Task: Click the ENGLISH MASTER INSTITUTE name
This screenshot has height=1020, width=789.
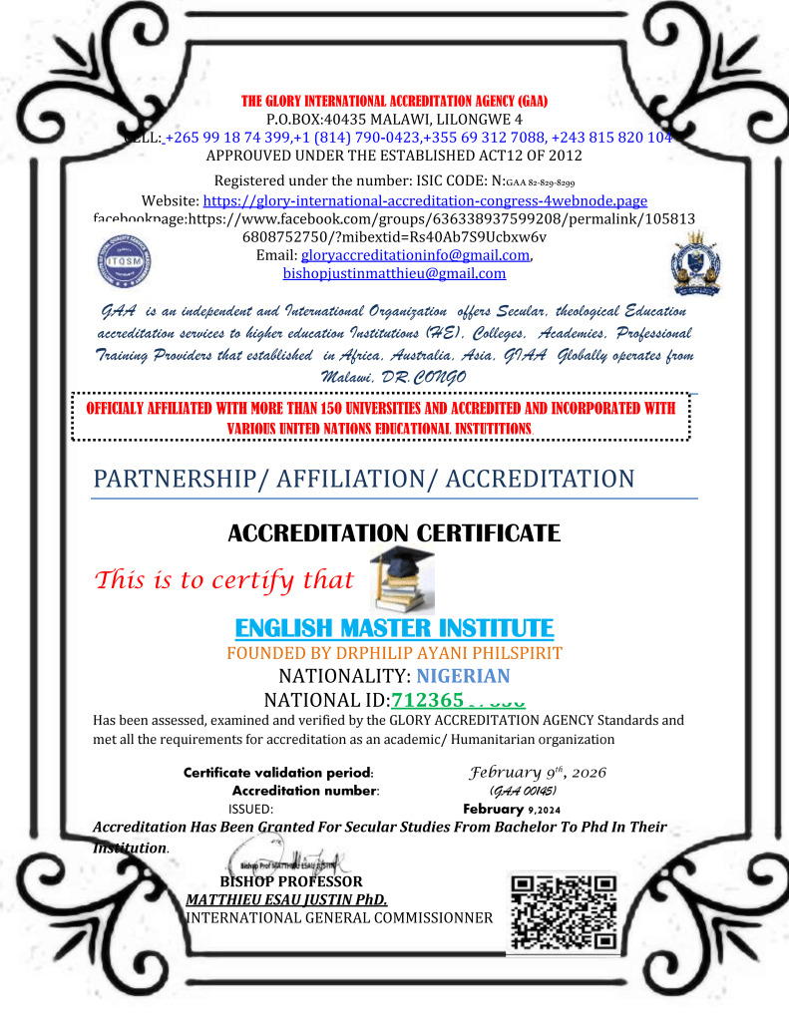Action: coord(394,629)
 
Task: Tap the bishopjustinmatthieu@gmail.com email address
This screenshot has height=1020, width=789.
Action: coord(394,273)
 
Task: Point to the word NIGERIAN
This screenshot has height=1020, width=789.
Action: coord(463,676)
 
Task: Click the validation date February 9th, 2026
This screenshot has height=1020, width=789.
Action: coord(537,773)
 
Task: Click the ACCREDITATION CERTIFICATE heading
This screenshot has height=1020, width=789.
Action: coord(394,532)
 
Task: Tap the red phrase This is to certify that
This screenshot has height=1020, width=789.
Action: coord(224,580)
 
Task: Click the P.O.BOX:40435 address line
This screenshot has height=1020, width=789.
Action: coord(394,120)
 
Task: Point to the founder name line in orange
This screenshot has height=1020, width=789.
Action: coord(394,654)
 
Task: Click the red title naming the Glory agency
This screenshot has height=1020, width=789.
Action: coord(394,102)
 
